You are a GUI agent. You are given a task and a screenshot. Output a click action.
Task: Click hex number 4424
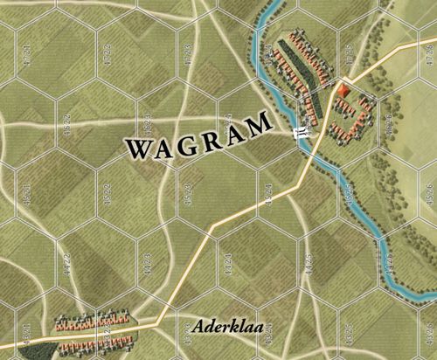tap(228, 260)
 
